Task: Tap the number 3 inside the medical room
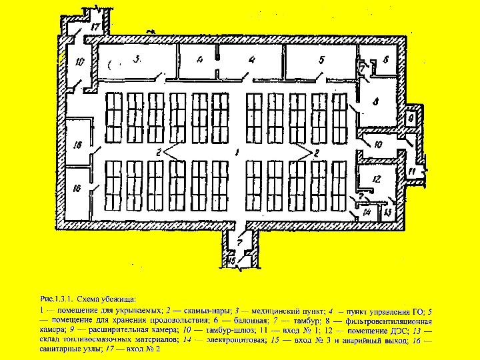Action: point(136,59)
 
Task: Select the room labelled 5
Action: point(322,60)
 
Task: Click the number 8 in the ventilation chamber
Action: point(375,102)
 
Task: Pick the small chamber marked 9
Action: point(411,117)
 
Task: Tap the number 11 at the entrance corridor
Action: point(412,172)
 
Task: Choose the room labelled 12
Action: point(376,179)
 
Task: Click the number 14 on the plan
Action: point(367,212)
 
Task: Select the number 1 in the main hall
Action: point(237,153)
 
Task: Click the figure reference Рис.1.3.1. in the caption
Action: point(58,300)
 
